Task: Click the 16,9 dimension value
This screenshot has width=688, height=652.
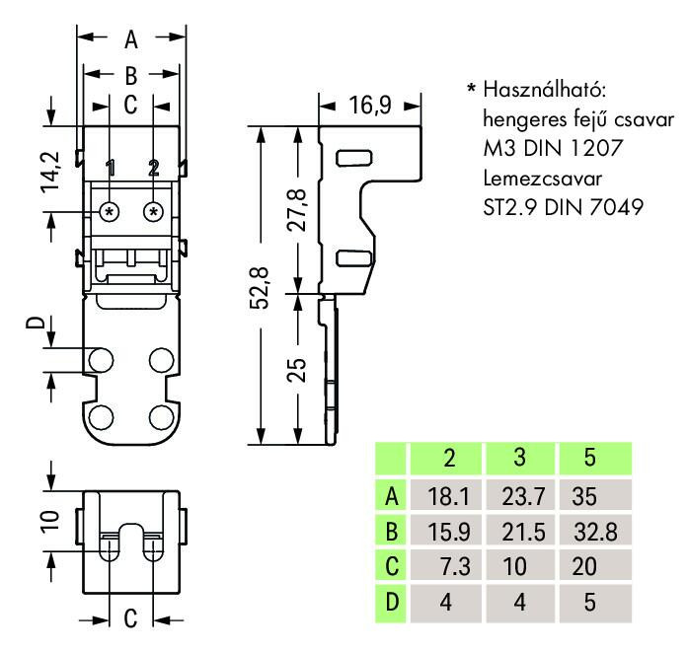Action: coord(369,104)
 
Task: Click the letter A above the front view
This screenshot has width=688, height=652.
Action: coord(130,40)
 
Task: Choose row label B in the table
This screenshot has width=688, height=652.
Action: coord(392,532)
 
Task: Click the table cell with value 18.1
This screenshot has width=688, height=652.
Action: coord(447,495)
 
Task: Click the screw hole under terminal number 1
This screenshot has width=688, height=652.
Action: coord(110,211)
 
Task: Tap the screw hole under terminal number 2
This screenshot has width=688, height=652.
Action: coord(153,211)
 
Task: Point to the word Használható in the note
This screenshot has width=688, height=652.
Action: coord(542,91)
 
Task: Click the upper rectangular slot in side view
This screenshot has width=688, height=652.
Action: coord(352,158)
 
